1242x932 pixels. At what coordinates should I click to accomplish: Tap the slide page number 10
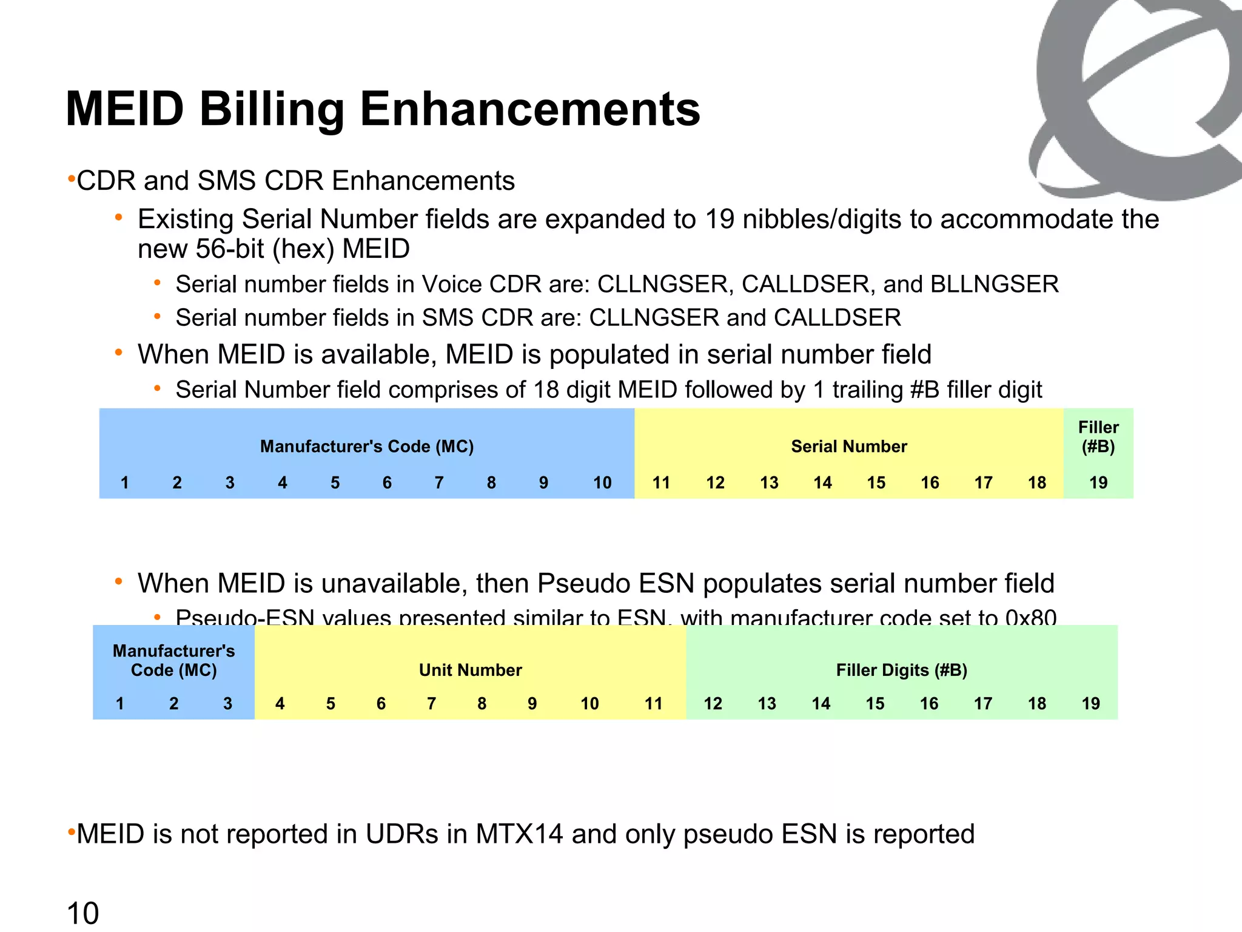click(82, 913)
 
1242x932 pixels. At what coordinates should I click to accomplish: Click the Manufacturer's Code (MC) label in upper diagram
click(367, 447)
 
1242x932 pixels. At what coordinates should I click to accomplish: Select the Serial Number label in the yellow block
click(848, 447)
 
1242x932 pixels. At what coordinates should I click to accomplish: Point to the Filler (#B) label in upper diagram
click(1098, 437)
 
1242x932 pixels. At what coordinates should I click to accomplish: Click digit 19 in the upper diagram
click(1098, 483)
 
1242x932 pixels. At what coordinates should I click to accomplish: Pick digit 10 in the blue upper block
click(602, 483)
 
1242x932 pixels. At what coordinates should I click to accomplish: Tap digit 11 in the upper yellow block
click(661, 483)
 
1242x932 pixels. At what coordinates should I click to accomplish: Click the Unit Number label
click(470, 670)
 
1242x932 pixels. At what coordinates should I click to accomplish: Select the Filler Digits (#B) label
click(901, 670)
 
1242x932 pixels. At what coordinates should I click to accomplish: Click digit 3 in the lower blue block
click(227, 704)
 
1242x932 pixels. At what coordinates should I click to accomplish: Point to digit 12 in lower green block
click(713, 704)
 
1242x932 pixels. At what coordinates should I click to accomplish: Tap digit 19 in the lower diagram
click(1090, 704)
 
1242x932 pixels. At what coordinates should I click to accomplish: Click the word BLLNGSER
click(995, 285)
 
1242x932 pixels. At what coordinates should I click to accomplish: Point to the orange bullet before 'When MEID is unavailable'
click(119, 582)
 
